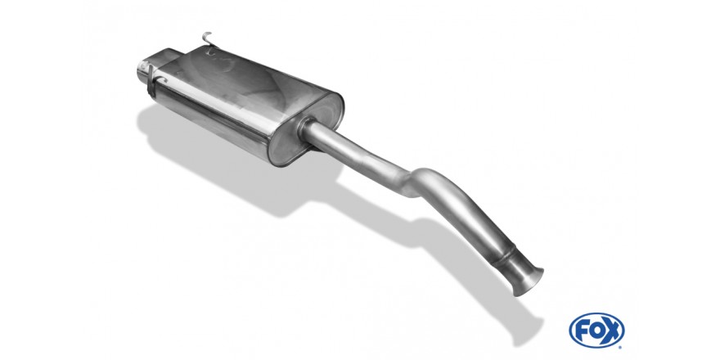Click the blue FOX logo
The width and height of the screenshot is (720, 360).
[x=596, y=331]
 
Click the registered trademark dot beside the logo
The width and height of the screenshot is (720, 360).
[x=621, y=346]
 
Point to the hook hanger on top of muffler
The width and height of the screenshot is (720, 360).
[x=208, y=40]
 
